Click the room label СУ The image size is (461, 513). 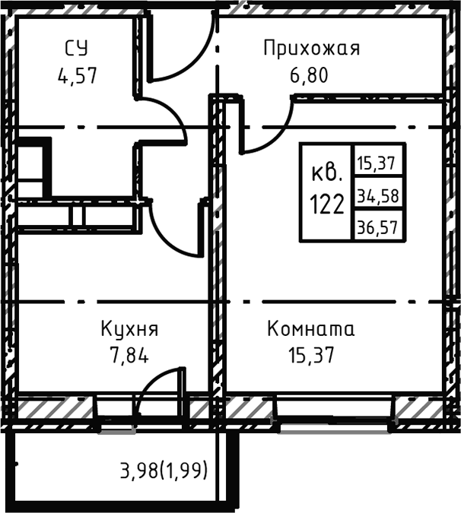76,49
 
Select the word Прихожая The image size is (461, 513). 311,49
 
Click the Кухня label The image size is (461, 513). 129,330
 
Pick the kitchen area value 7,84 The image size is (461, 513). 129,354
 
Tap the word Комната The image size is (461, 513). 311,330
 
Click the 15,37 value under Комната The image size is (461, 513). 311,354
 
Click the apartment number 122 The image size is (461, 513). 327,203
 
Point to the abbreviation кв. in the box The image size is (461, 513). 327,175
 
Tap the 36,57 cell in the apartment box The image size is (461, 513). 378,226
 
